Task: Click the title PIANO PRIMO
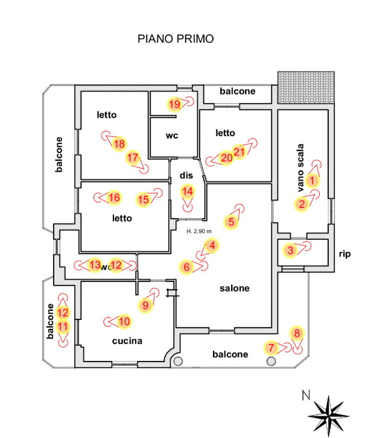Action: coord(176,39)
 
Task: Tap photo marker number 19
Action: coord(175,104)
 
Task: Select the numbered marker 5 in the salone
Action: coord(231,222)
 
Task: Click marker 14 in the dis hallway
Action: coord(188,192)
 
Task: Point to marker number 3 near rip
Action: coord(291,251)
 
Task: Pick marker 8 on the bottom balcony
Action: coord(297,333)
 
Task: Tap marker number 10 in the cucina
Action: coord(124,322)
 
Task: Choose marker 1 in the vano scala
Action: coord(312,181)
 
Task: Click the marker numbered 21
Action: coord(239,152)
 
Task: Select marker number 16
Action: coord(114,198)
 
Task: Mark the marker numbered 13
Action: coord(95,265)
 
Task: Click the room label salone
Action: coord(235,288)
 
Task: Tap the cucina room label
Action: coord(127,341)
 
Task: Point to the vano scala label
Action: coord(300,168)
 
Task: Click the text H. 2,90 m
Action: coord(199,231)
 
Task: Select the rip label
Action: coord(345,254)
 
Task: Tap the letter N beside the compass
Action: coord(306,395)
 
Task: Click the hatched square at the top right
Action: coord(306,88)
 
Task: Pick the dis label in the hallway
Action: coord(186,175)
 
